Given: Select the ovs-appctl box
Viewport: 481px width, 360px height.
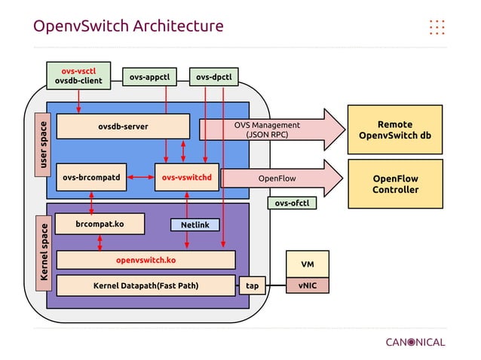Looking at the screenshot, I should pyautogui.click(x=149, y=77).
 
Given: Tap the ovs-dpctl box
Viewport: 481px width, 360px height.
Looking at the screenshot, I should pyautogui.click(x=213, y=77).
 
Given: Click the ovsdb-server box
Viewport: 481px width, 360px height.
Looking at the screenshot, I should pyautogui.click(x=123, y=127).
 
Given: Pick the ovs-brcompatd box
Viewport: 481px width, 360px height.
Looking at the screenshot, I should pyautogui.click(x=92, y=178).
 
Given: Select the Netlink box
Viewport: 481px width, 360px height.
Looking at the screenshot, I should pyautogui.click(x=195, y=224).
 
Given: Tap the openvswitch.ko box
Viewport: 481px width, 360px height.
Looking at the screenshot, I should pyautogui.click(x=146, y=260).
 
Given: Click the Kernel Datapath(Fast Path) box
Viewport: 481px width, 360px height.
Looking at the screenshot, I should pyautogui.click(x=146, y=285).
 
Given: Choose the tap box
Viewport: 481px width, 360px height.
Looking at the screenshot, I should pyautogui.click(x=252, y=285).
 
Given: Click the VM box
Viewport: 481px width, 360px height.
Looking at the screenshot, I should pyautogui.click(x=307, y=264).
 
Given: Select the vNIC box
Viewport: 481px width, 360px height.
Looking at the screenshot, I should pyautogui.click(x=307, y=285).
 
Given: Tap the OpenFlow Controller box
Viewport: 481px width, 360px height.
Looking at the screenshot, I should pyautogui.click(x=396, y=184).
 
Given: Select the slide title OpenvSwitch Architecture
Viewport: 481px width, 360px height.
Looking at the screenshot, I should pyautogui.click(x=128, y=26).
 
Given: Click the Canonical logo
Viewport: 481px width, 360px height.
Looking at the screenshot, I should pyautogui.click(x=415, y=342).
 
